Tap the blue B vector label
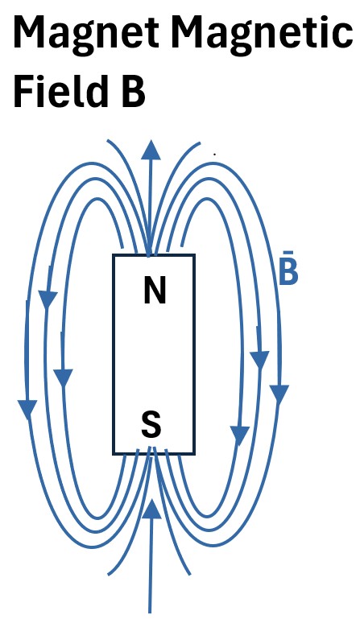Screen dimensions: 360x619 tap(288, 271)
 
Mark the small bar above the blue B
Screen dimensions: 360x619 tap(288, 251)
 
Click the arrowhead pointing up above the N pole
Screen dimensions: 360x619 tap(151, 151)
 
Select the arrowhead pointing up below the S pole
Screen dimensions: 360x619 tap(151, 509)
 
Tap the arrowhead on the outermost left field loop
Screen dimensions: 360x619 tap(27, 410)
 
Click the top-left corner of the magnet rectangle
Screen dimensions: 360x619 tap(114, 255)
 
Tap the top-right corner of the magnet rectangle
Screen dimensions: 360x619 tap(194, 255)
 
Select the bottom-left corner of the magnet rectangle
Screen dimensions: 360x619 tap(114, 454)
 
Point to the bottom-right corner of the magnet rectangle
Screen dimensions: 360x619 tap(194, 454)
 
